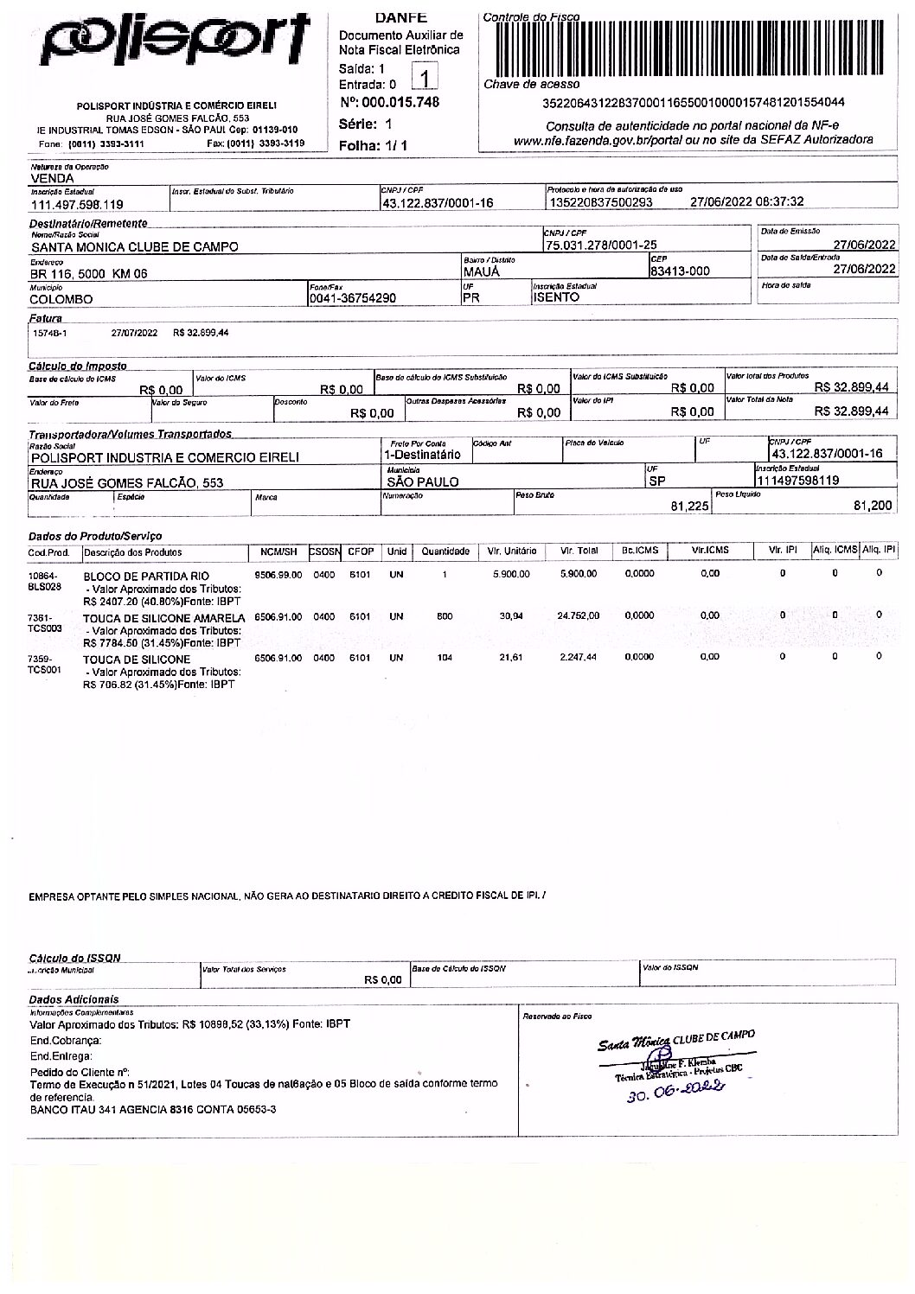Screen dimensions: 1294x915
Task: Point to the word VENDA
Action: pyautogui.click(x=52, y=178)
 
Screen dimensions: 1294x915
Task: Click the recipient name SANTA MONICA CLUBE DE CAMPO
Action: pyautogui.click(x=134, y=246)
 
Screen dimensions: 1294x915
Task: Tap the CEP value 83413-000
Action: pyautogui.click(x=680, y=271)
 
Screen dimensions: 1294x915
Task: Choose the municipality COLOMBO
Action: pyautogui.click(x=61, y=299)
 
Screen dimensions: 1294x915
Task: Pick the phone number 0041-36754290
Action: pyautogui.click(x=353, y=298)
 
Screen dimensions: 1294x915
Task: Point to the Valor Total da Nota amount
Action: pyautogui.click(x=852, y=411)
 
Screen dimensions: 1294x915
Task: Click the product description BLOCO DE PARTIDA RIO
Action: pyautogui.click(x=146, y=576)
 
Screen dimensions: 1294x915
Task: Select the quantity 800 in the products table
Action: pyautogui.click(x=445, y=616)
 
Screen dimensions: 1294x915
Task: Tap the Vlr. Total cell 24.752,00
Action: pyautogui.click(x=579, y=616)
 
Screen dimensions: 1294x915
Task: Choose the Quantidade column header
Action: pyautogui.click(x=445, y=551)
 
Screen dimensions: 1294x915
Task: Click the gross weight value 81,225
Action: pyautogui.click(x=690, y=506)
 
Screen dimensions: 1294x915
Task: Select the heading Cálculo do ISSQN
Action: pyautogui.click(x=75, y=958)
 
